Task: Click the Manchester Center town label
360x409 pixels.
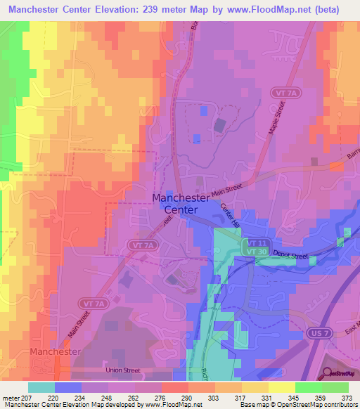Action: point(181,203)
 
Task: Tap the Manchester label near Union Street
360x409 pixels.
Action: point(56,351)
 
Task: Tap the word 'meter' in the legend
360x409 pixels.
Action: point(10,397)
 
